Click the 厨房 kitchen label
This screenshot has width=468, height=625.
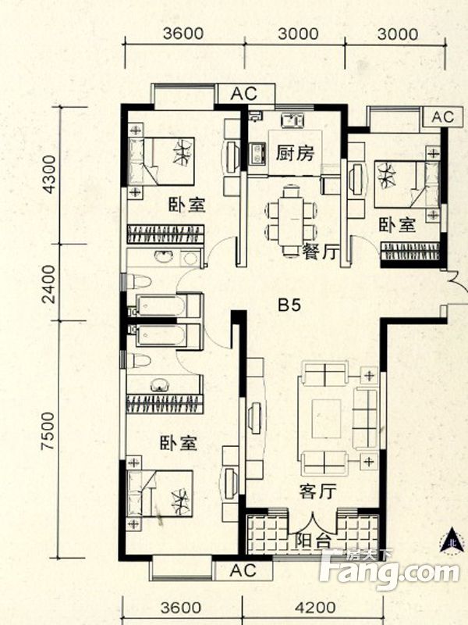tap(294, 153)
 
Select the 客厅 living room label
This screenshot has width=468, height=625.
tap(317, 492)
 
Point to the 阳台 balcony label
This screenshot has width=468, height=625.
tap(312, 540)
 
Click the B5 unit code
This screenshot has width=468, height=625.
tap(290, 305)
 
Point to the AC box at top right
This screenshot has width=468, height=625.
tap(441, 117)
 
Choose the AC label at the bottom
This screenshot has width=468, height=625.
tap(243, 571)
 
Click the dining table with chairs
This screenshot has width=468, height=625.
tap(291, 211)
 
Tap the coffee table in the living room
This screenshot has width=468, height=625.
tap(325, 419)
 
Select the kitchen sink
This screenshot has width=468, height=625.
tap(292, 120)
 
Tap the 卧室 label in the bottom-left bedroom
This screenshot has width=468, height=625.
tap(179, 444)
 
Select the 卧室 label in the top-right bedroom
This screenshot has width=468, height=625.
tap(398, 225)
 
